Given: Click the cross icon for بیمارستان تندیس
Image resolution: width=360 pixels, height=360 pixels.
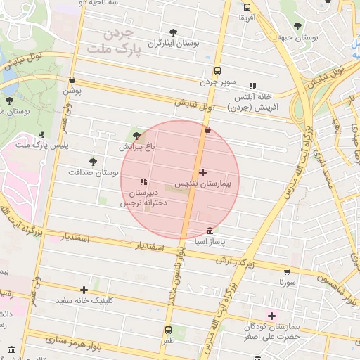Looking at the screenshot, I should pyautogui.click(x=203, y=172).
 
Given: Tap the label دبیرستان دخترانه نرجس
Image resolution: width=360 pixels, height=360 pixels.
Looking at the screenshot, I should pyautogui.click(x=145, y=197).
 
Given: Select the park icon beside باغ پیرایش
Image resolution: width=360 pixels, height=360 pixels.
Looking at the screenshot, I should pyautogui.click(x=136, y=136).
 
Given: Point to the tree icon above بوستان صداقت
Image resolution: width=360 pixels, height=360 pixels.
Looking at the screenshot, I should pyautogui.click(x=93, y=161).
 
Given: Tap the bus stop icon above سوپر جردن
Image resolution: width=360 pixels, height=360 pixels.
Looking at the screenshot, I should pyautogui.click(x=217, y=71).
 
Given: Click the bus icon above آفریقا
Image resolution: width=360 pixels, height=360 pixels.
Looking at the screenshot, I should pyautogui.click(x=247, y=6).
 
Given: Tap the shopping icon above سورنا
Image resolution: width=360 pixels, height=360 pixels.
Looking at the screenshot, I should pyautogui.click(x=286, y=271).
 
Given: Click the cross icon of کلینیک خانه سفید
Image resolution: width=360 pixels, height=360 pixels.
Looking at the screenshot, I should pyautogui.click(x=84, y=290).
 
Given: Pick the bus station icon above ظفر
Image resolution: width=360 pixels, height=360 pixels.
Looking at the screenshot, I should pyautogui.click(x=168, y=330).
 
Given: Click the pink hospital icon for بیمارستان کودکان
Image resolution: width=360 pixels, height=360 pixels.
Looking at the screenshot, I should pyautogui.click(x=272, y=316).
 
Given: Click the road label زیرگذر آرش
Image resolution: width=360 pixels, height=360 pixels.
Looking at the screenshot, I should pyautogui.click(x=253, y=260).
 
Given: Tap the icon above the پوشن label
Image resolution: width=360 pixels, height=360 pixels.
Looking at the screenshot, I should pyautogui.click(x=72, y=80).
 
